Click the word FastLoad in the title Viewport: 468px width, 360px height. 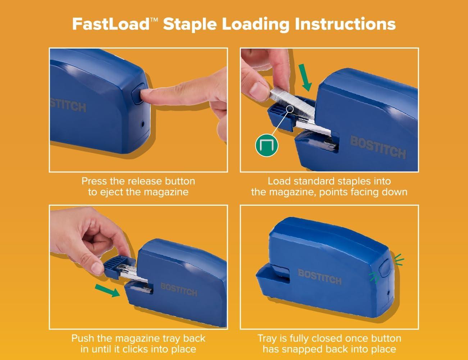point(111,24)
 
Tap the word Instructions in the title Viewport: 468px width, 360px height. point(345,24)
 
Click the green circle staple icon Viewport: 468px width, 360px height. point(267,145)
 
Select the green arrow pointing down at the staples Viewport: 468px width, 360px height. point(305,77)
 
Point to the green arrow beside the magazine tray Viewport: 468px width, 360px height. point(107,290)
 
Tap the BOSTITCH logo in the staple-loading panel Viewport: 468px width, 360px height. point(378,147)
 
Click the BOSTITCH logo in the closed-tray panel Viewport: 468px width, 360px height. point(319,277)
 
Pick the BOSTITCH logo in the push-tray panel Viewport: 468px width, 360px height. point(179,290)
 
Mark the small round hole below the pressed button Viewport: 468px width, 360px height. point(142,124)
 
